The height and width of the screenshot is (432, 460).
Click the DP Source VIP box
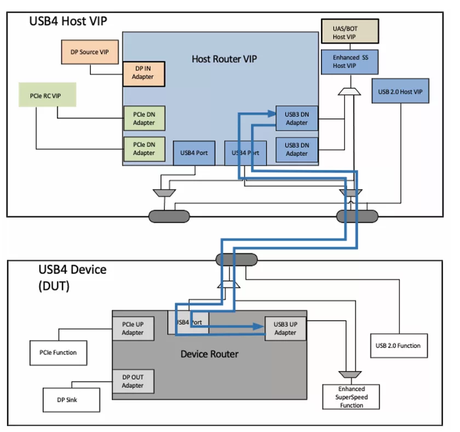pos(88,52)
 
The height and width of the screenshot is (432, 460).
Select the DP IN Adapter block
pos(143,72)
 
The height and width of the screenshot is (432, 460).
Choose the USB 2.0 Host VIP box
pos(400,90)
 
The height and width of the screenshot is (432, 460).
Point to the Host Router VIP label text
pos(224,58)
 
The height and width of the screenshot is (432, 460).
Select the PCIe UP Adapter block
pos(133,328)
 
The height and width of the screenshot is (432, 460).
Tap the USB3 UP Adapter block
pos(285,328)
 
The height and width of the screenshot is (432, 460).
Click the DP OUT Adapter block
pos(133,382)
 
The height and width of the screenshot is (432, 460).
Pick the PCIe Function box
pos(58,353)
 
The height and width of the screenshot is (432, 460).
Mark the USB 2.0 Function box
pos(398,346)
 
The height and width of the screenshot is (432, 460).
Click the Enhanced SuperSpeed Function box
pos(351,397)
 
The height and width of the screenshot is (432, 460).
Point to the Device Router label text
pos(209,354)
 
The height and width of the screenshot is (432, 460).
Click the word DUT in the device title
pos(54,286)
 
